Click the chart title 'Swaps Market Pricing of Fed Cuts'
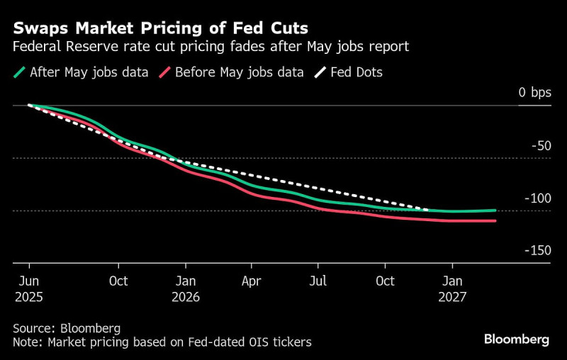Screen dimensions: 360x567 [160, 29]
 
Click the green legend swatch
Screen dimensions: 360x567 [19, 72]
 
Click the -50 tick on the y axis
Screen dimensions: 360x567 [539, 146]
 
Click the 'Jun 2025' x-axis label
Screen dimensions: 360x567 [28, 289]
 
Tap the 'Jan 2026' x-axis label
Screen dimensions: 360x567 [186, 289]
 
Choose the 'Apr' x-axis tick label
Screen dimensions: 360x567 [252, 281]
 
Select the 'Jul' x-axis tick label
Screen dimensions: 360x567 [319, 281]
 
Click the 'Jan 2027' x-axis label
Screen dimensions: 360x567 [453, 289]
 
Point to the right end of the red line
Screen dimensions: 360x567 [495, 221]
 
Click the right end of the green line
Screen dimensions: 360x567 [495, 210]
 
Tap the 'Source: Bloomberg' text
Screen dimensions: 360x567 [67, 329]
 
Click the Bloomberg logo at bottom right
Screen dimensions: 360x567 [516, 339]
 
